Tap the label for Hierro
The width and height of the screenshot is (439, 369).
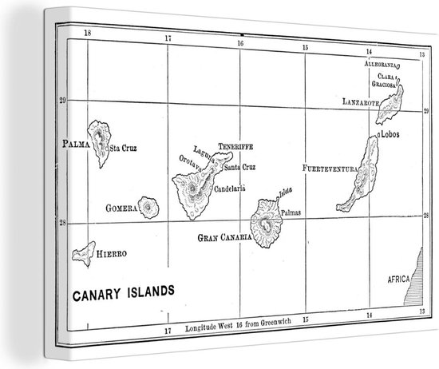pyautogui.click(x=112, y=253)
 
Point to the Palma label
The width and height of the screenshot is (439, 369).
pyautogui.click(x=76, y=144)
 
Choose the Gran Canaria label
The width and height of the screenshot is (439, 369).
pyautogui.click(x=223, y=238)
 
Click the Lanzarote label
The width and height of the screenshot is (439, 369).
pyautogui.click(x=358, y=102)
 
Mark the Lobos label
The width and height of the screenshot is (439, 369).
pyautogui.click(x=390, y=135)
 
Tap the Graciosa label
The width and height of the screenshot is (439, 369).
pyautogui.click(x=382, y=81)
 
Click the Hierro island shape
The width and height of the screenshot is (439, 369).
pyautogui.click(x=83, y=254)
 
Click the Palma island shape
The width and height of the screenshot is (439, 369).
pyautogui.click(x=99, y=141)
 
